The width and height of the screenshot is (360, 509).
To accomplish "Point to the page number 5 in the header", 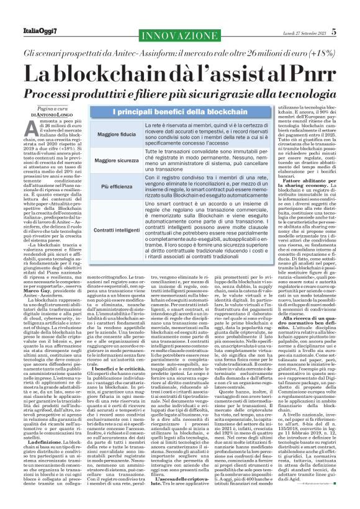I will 351,12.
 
